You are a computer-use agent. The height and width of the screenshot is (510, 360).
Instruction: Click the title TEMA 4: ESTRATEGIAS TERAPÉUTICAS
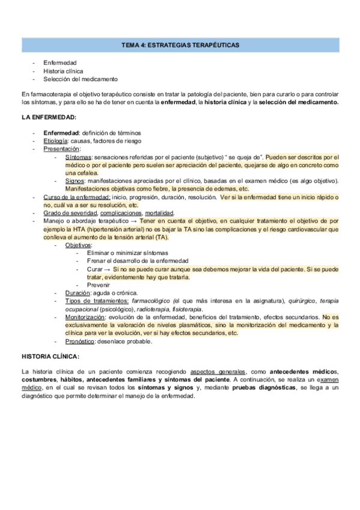[x=180, y=45]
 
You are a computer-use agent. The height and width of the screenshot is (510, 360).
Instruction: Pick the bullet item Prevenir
[x=99, y=284]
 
